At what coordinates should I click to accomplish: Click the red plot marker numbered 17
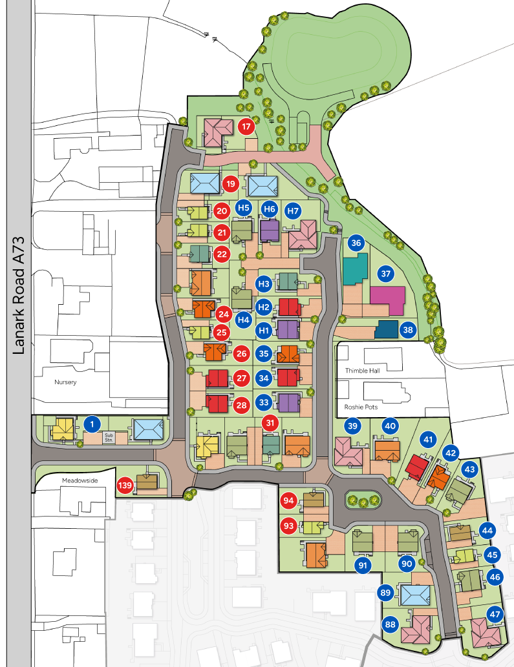(x=246, y=126)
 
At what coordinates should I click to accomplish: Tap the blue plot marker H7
(x=294, y=210)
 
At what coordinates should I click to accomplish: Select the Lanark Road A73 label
(x=17, y=295)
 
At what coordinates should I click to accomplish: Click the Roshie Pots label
(x=352, y=407)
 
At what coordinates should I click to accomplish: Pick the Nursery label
(x=65, y=382)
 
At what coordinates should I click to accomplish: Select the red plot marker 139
(x=125, y=485)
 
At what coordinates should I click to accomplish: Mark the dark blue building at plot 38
(x=387, y=329)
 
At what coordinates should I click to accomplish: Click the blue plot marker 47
(x=495, y=614)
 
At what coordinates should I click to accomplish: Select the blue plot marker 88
(x=390, y=624)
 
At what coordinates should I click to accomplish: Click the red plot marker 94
(x=288, y=500)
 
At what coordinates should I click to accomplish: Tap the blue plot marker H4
(x=243, y=318)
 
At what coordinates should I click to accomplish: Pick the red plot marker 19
(x=231, y=185)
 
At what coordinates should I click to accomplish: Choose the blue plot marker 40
(x=390, y=426)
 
